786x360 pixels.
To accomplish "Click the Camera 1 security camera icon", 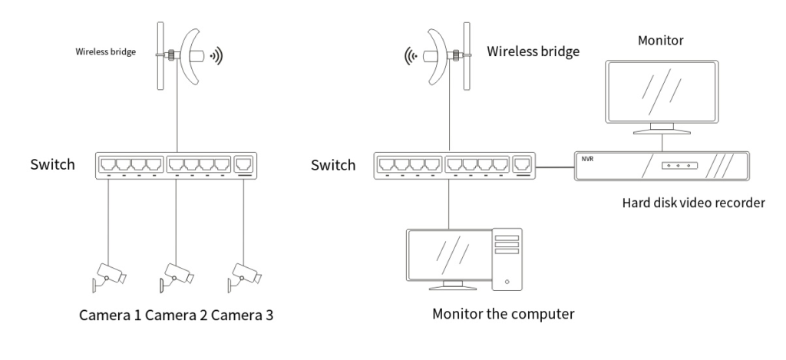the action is tap(108, 276).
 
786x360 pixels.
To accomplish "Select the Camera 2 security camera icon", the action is tap(177, 276).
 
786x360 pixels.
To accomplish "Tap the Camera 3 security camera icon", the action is tap(244, 276).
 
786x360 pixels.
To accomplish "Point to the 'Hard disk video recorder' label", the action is tap(693, 203).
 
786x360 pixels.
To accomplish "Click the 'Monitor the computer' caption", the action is tap(504, 315).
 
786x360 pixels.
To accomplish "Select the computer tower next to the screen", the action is tap(507, 259).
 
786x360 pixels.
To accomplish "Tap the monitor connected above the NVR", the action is tap(662, 97).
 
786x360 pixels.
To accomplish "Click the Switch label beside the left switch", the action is tap(53, 164).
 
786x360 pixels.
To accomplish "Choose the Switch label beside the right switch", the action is tap(333, 165).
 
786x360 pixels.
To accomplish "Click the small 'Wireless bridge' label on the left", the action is tap(106, 51).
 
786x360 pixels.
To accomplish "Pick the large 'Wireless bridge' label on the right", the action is tap(533, 51).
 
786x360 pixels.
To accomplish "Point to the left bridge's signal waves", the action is tap(216, 56).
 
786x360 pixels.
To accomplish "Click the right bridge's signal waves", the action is tap(411, 57).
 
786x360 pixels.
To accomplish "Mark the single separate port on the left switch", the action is tap(244, 164).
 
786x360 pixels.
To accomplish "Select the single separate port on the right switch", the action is tap(523, 164).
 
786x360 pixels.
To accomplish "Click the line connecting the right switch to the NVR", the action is tap(555, 167).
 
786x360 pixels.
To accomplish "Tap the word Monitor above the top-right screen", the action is tap(661, 41).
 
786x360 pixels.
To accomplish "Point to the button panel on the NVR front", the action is tap(679, 165).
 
